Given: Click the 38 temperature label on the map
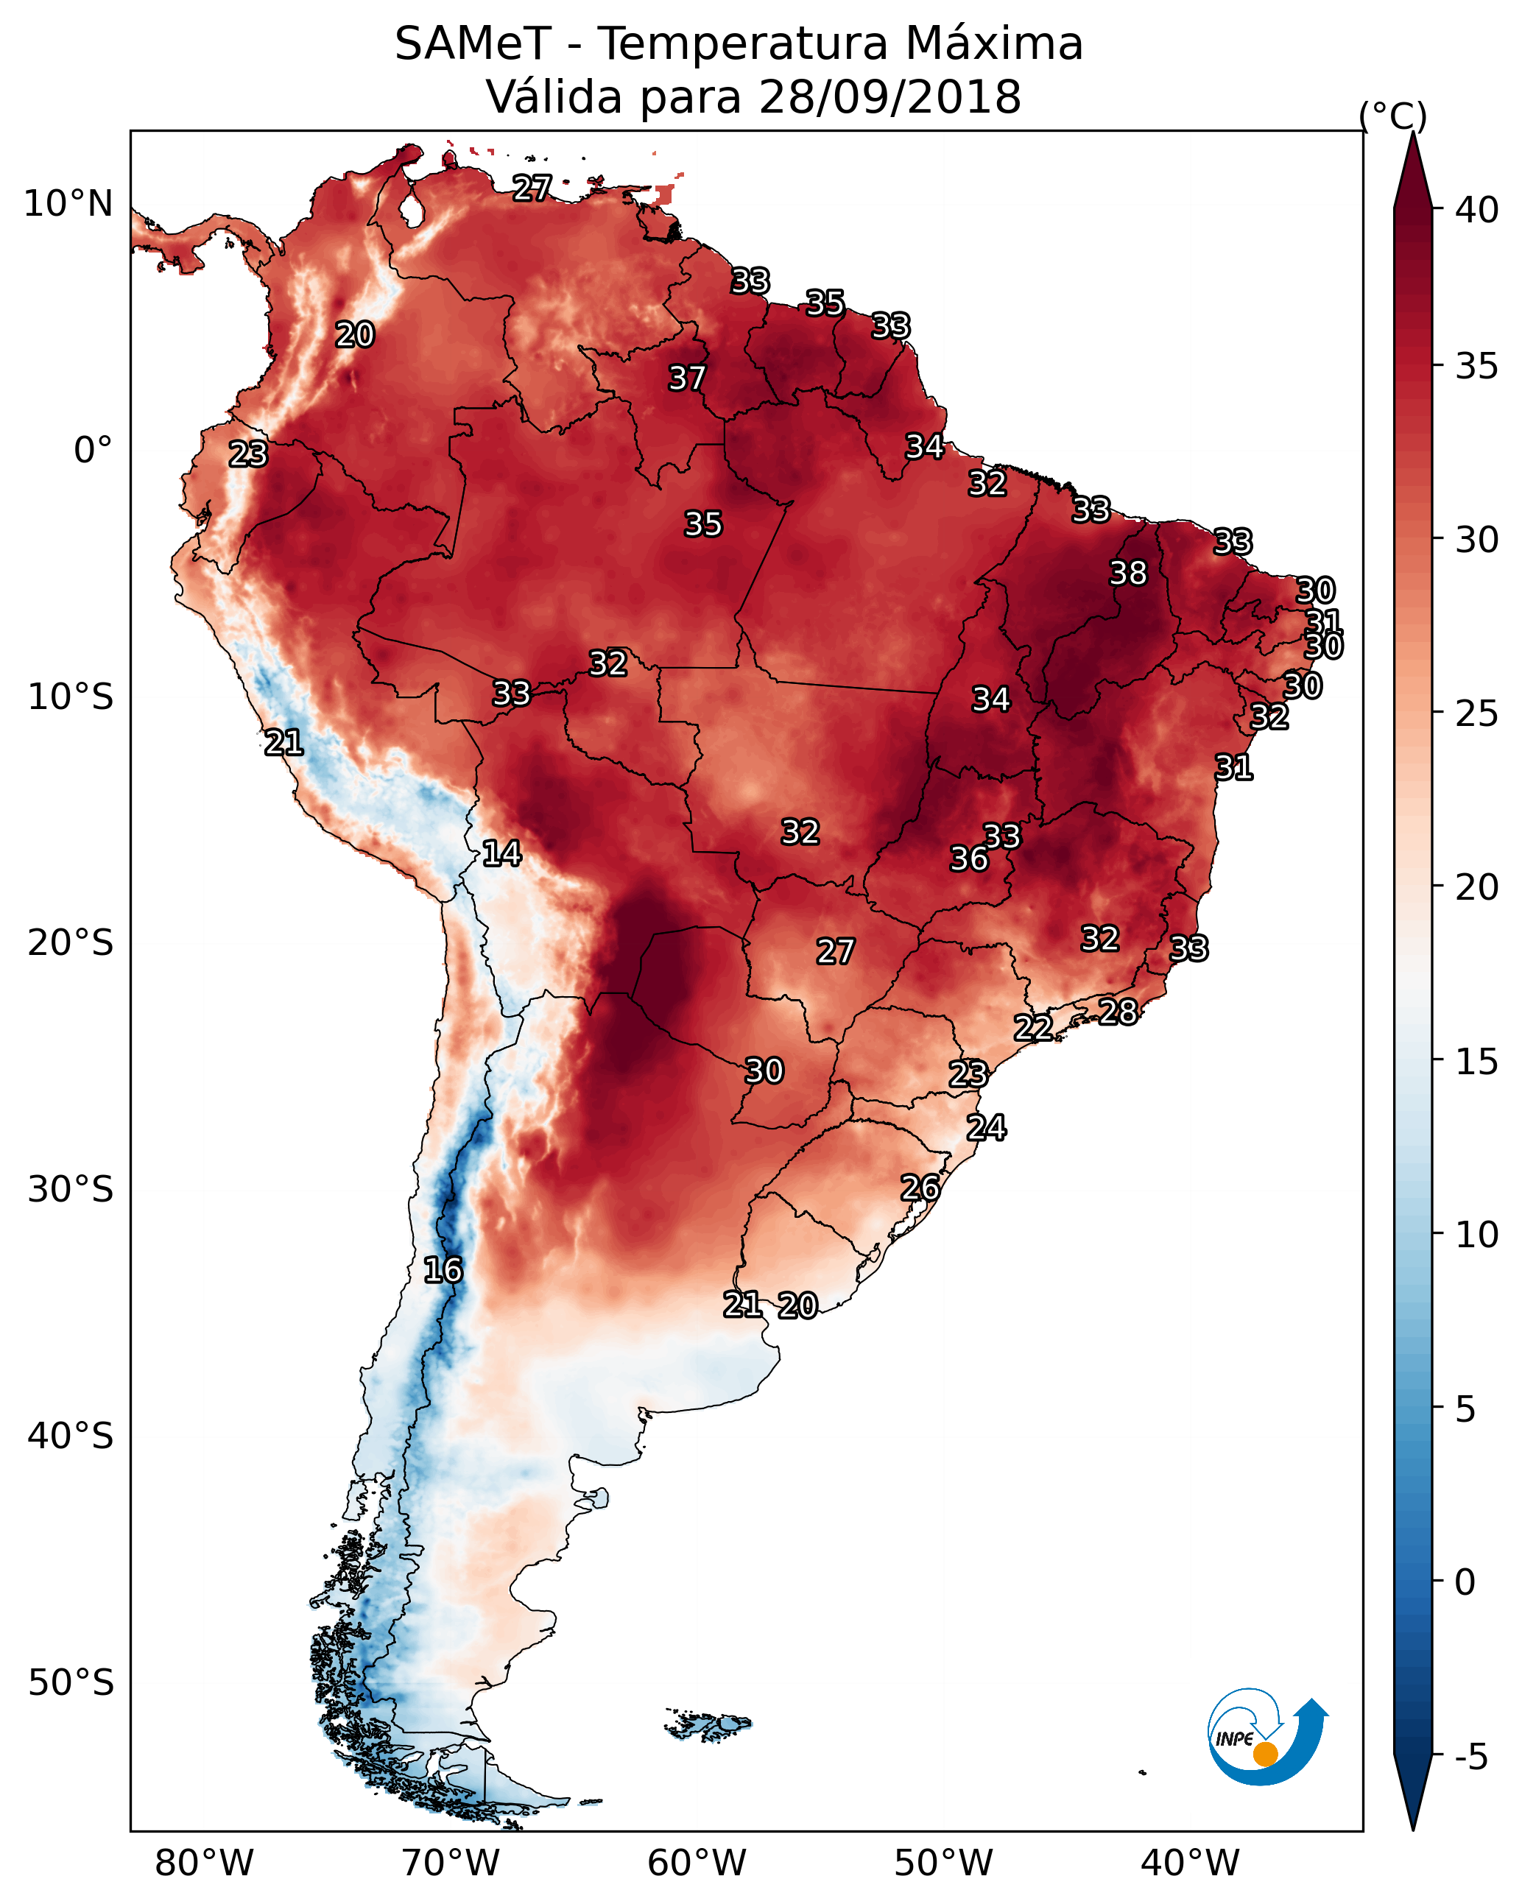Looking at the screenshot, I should tap(1128, 573).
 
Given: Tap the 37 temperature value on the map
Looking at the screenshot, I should tap(686, 378).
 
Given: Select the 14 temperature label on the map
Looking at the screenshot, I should tap(501, 853).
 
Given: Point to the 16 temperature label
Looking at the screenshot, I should tap(443, 1270).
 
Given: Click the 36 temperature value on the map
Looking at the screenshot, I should tap(969, 858).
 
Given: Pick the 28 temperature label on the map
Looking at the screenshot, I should tap(1118, 1011).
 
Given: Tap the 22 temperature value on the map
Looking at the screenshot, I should tap(1032, 1027).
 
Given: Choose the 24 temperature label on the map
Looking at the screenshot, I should tap(986, 1128).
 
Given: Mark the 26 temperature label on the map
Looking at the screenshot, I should tap(920, 1188).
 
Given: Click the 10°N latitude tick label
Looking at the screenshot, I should tap(68, 204).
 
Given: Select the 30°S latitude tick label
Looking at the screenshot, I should tap(71, 1190).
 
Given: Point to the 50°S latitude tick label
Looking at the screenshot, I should tap(71, 1682).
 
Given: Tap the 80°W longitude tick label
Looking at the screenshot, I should tap(204, 1864).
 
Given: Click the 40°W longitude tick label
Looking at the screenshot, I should tap(1190, 1864).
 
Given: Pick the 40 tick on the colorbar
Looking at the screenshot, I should tap(1477, 210).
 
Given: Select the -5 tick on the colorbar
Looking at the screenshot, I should tap(1470, 1757).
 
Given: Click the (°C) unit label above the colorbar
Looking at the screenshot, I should tap(1392, 116).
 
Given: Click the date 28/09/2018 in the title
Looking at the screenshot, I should tap(889, 97).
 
